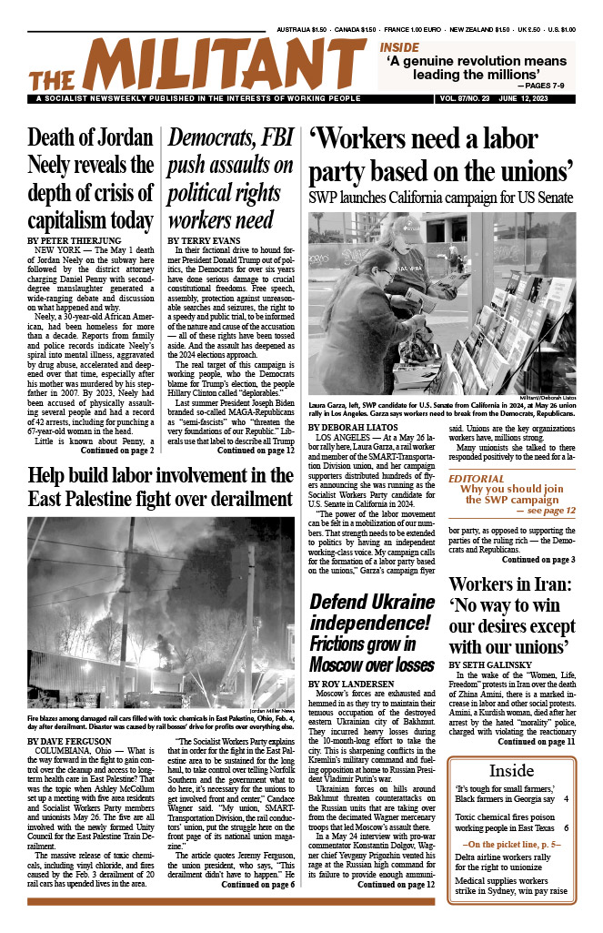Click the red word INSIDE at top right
[x=399, y=46]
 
